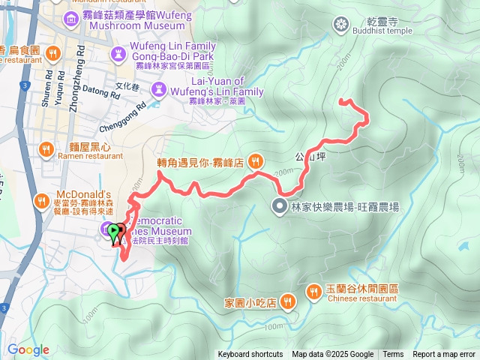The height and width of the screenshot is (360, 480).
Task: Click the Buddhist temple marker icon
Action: [341, 25]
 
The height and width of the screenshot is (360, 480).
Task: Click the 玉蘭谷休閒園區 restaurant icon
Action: [313, 291]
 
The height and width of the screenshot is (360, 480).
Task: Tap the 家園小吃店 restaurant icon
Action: [289, 302]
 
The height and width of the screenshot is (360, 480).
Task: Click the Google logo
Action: [28, 349]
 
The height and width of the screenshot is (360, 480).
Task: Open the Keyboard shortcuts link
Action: [250, 355]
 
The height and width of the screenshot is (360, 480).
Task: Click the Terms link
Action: [393, 355]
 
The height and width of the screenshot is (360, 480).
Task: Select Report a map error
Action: [444, 355]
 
